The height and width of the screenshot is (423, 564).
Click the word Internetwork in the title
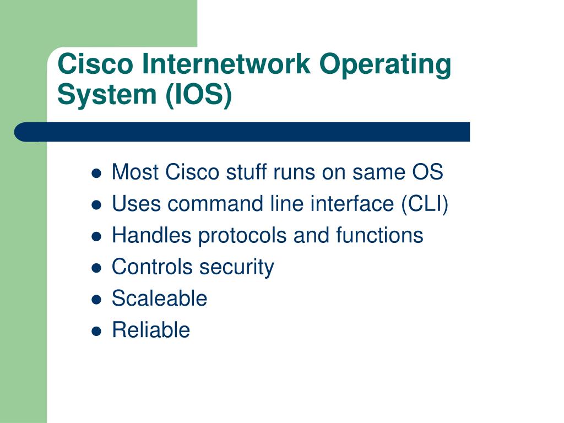pos(226,64)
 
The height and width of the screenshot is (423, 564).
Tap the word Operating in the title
pos(385,66)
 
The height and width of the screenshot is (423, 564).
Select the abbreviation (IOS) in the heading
pos(198,95)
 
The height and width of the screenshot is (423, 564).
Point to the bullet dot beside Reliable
pos(96,331)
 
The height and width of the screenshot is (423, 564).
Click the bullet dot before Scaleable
pos(96,299)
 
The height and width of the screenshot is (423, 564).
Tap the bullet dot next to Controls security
pos(96,268)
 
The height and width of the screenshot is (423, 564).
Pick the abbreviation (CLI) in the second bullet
pos(425,204)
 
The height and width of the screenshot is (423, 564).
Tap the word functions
pos(379,235)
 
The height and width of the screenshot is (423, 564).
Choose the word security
pos(237,268)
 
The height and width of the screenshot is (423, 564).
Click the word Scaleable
pos(159,298)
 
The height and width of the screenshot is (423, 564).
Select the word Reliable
pos(151,330)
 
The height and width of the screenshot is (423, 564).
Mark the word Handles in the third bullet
pos(151,235)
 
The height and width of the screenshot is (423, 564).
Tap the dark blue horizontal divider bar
pos(242,132)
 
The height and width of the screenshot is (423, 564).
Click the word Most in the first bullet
pos(135,172)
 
